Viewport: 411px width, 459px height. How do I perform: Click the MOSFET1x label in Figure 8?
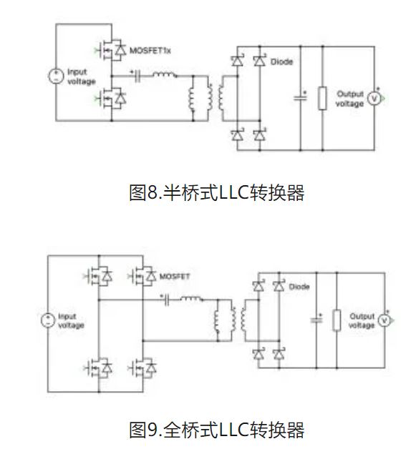point(152,50)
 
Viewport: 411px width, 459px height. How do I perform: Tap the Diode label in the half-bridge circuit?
point(281,61)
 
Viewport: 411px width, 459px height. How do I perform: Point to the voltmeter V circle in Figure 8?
point(373,99)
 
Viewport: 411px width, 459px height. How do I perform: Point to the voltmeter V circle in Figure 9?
point(384,321)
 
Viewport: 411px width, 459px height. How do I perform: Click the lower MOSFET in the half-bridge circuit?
point(113,96)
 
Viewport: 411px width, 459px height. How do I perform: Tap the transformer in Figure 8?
point(208,100)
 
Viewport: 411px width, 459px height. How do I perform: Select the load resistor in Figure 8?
point(322,99)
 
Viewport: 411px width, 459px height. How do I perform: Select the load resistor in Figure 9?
point(337,321)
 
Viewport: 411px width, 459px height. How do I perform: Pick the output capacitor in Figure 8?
point(301,99)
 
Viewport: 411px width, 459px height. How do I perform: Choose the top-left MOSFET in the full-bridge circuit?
point(99,275)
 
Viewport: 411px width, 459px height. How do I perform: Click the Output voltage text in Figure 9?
point(362,321)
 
